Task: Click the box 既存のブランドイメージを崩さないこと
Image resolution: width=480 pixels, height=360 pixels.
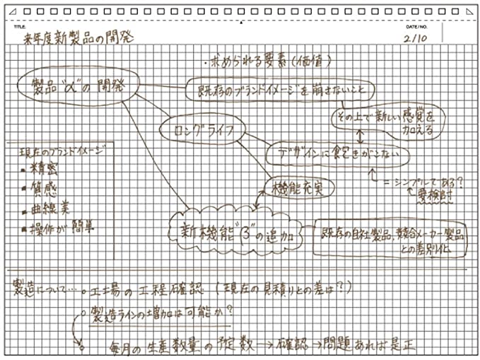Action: (x=269, y=90)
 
